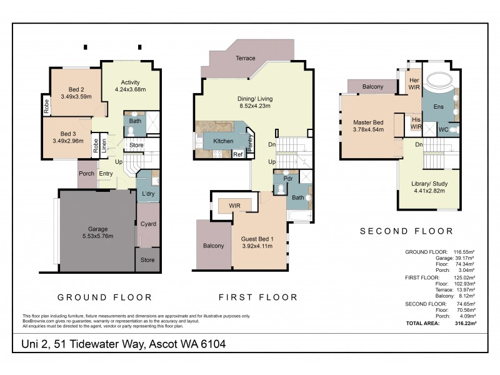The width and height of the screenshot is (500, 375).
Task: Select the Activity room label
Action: coord(130,82)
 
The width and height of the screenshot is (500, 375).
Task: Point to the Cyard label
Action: coord(148,224)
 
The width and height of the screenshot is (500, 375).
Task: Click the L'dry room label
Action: coord(148,194)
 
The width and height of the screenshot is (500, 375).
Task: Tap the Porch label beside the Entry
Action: coord(86,174)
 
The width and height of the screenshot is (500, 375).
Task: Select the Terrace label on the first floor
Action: coord(245,58)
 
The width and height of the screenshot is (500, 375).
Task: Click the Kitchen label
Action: coord(223,141)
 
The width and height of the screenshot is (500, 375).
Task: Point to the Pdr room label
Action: coord(288,178)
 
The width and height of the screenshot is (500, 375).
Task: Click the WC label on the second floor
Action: coord(443,130)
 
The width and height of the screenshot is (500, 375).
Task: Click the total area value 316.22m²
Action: coord(465,324)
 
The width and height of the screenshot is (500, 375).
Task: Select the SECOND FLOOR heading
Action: coord(406,231)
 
